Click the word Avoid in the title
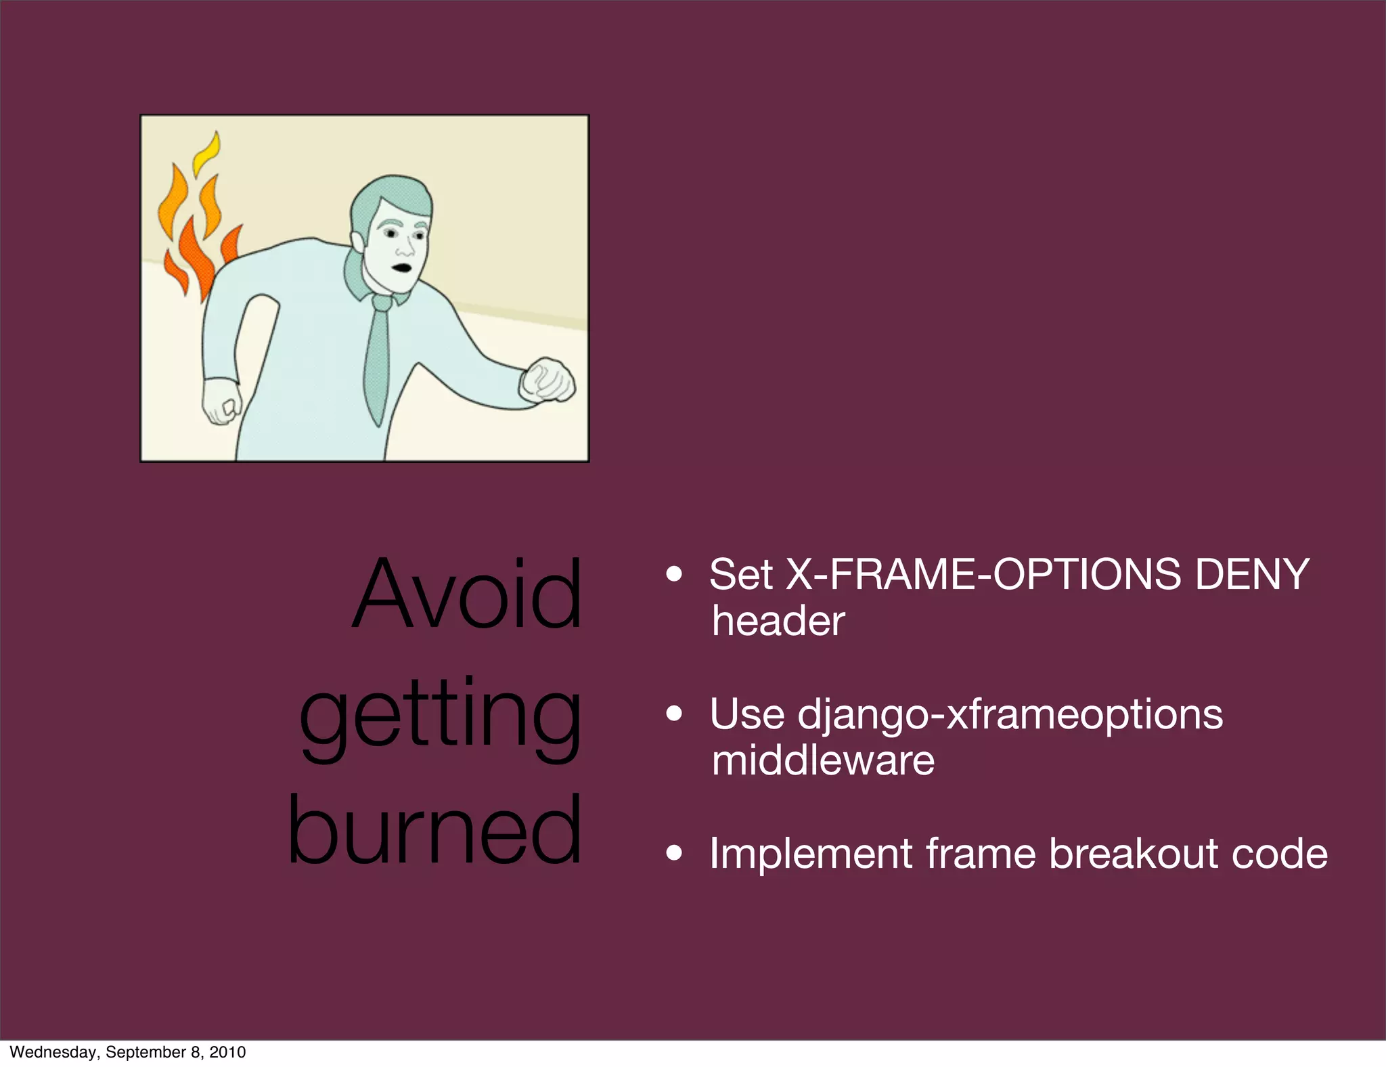(467, 594)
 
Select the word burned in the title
(434, 830)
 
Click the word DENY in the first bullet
(1252, 575)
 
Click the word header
(778, 622)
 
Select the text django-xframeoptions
(1010, 714)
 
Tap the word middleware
(823, 760)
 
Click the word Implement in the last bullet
(810, 854)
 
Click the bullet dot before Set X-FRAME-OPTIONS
(673, 575)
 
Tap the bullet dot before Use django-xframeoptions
(673, 714)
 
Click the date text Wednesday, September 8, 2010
(128, 1052)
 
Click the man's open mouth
(403, 267)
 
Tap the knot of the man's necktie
(382, 303)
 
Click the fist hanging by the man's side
(221, 404)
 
